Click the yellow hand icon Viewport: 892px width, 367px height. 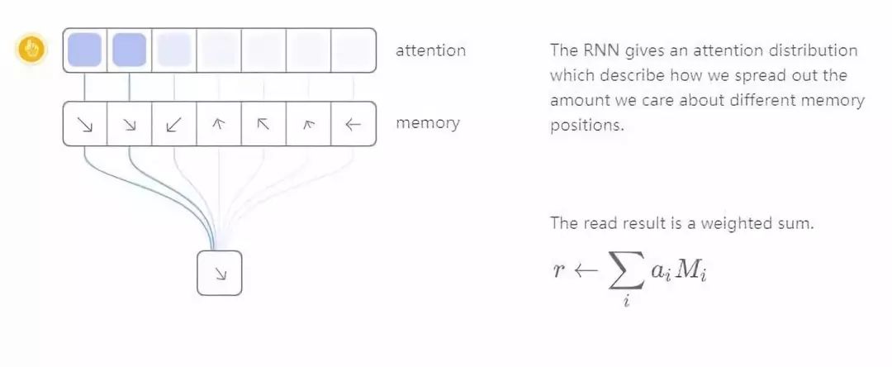click(x=32, y=50)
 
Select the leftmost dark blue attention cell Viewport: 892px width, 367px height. click(x=85, y=50)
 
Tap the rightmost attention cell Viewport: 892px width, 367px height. click(x=353, y=50)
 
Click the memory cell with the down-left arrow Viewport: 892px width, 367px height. click(x=174, y=124)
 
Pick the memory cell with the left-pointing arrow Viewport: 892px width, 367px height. click(x=353, y=124)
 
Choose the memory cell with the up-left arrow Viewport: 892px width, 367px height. click(x=263, y=124)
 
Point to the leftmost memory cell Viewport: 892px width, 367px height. click(x=85, y=124)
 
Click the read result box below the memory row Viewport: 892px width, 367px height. click(x=219, y=273)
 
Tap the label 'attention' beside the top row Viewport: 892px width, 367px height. click(x=430, y=50)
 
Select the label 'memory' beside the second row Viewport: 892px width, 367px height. click(x=427, y=123)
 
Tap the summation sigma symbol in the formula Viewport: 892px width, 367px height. click(x=628, y=271)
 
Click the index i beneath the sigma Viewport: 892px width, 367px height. click(x=626, y=303)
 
